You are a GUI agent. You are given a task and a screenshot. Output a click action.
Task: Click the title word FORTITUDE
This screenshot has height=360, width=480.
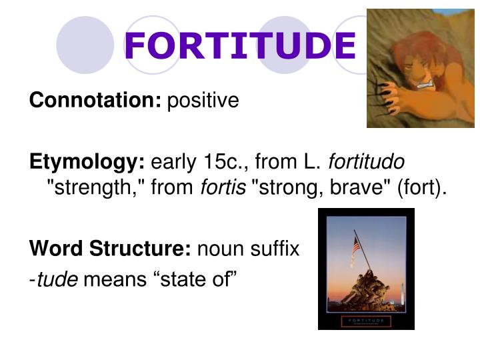[240, 45]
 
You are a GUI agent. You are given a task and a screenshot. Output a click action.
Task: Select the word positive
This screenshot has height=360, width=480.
[203, 101]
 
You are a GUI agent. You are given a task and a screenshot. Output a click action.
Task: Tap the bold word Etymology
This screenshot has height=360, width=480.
[87, 162]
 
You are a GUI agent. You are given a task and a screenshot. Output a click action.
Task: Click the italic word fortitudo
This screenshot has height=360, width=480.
[367, 162]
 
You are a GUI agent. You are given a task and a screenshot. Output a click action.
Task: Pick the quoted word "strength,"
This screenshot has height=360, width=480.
[95, 189]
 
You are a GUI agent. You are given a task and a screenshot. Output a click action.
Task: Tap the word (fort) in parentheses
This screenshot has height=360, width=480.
[420, 189]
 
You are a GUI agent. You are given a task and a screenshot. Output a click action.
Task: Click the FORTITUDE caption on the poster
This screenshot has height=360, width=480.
[365, 321]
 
